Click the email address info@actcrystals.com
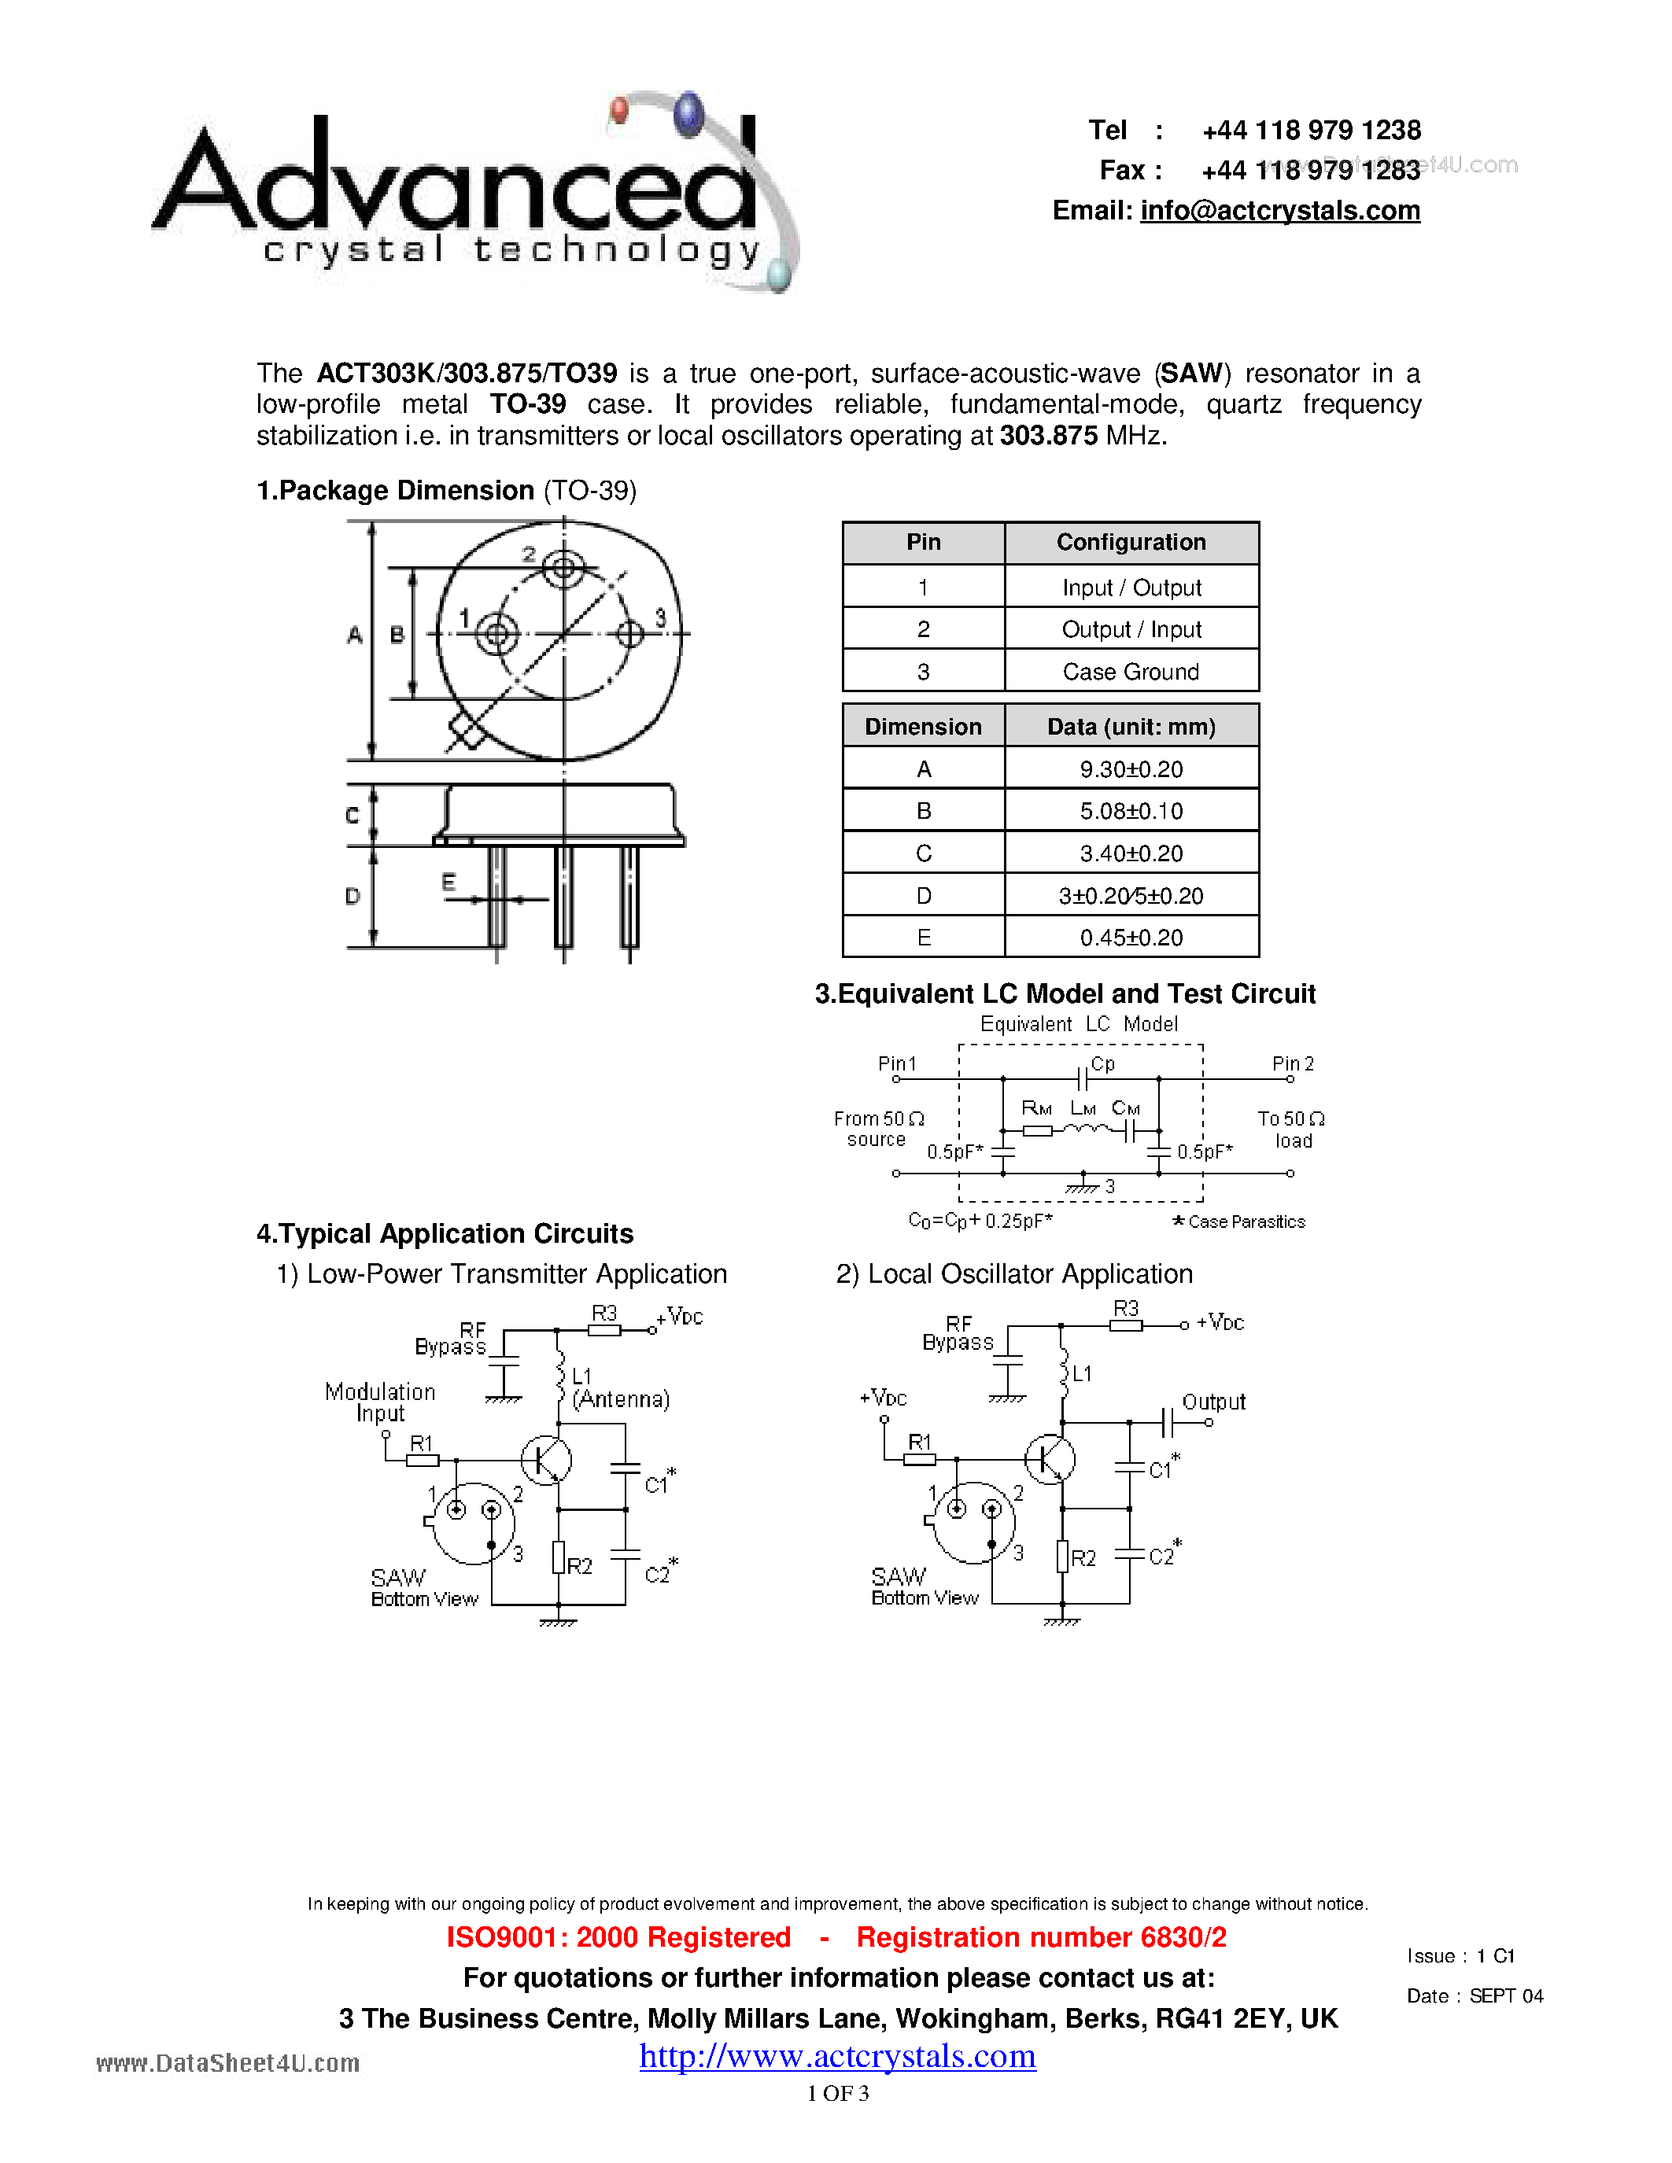point(1279,211)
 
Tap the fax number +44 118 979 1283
point(1311,171)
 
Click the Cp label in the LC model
point(1102,1063)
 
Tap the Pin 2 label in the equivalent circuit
point(1293,1063)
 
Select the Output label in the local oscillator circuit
point(1213,1402)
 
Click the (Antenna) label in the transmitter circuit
point(621,1399)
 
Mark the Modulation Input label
point(380,1402)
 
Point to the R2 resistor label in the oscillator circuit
point(1083,1558)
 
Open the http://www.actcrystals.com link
point(837,2057)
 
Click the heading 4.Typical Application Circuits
point(445,1234)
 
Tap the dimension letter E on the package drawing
point(448,882)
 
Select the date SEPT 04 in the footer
point(1506,1996)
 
